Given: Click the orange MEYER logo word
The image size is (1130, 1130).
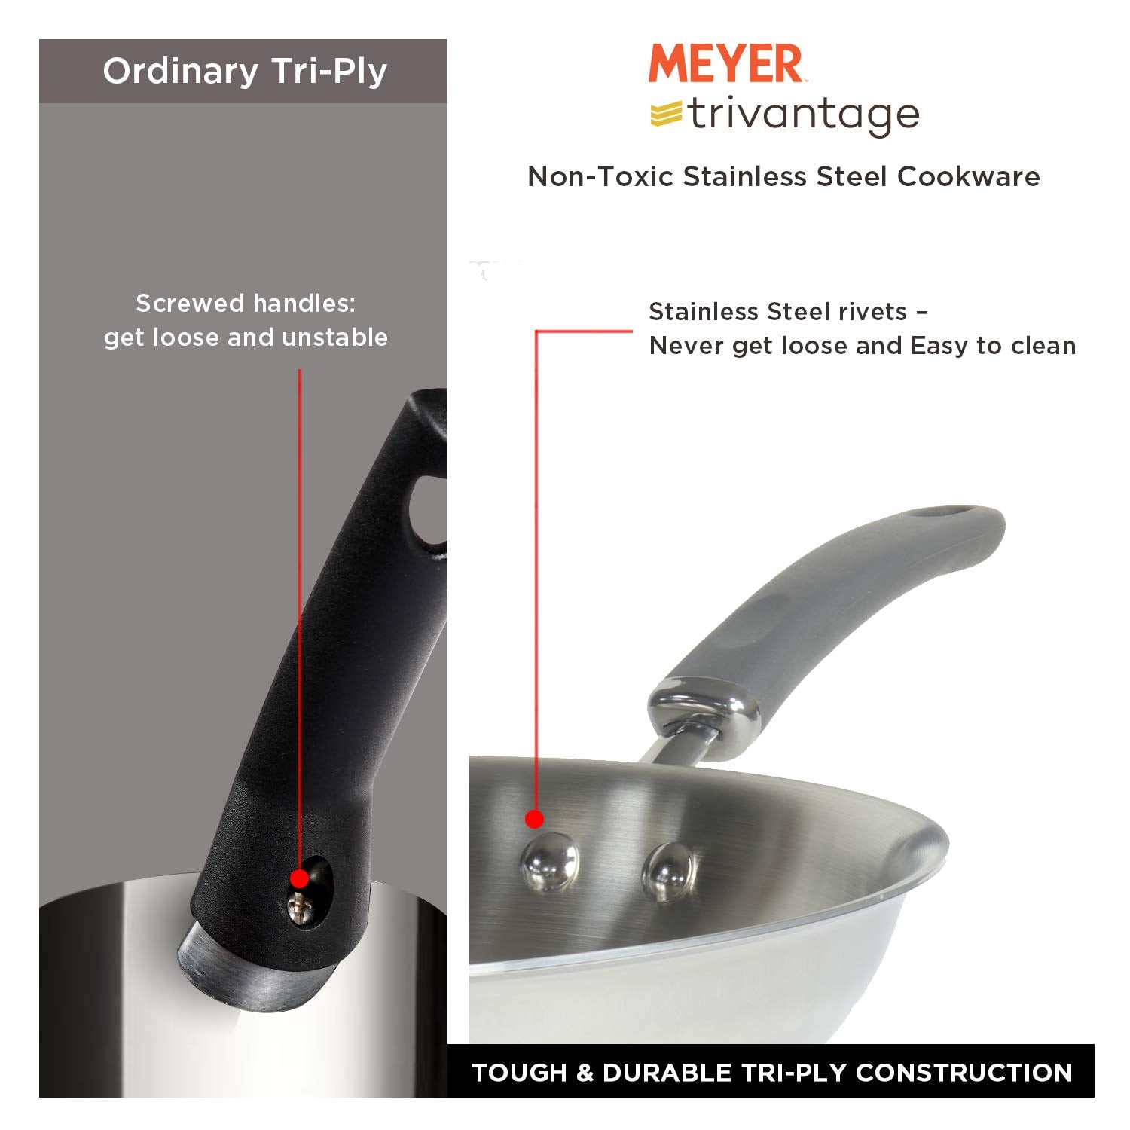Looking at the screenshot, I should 725,64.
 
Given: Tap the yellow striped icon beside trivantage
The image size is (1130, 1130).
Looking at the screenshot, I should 666,114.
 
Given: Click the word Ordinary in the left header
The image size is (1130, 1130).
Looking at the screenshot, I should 181,72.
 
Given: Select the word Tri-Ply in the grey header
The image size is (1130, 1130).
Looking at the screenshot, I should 329,72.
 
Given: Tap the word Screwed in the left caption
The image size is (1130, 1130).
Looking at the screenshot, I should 191,304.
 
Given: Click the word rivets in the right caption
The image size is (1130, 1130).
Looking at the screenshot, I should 877,312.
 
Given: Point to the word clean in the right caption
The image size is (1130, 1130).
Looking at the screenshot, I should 1043,346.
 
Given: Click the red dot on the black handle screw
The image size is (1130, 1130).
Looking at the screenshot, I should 299,878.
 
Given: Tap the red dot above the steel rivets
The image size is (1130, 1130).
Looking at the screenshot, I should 534,819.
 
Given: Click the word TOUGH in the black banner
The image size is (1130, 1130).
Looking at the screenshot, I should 519,1073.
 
